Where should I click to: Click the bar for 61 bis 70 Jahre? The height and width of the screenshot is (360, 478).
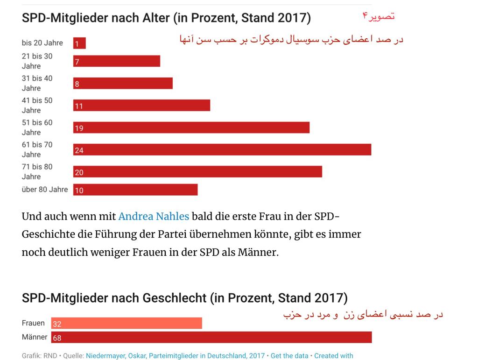(x=222, y=149)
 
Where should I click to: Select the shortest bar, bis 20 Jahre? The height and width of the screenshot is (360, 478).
(x=79, y=43)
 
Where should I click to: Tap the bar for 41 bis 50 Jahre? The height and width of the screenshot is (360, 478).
(x=141, y=106)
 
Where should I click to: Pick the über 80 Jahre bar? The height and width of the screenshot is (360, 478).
(x=135, y=190)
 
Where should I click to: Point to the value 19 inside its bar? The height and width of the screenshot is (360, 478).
(x=79, y=128)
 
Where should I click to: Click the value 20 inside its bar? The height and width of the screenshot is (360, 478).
(x=79, y=172)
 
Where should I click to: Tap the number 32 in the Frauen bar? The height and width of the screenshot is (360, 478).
(x=57, y=324)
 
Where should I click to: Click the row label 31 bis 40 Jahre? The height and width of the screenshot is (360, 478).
(x=37, y=83)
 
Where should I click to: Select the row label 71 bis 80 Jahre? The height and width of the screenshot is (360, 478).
(x=37, y=171)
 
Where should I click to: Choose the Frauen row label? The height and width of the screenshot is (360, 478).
(x=33, y=323)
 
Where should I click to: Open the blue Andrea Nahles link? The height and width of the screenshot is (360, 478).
(x=154, y=216)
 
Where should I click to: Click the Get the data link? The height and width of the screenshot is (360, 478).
(x=289, y=356)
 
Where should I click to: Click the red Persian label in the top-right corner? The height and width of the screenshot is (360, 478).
(x=378, y=16)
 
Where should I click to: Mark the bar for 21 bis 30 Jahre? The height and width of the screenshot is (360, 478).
(x=117, y=61)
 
